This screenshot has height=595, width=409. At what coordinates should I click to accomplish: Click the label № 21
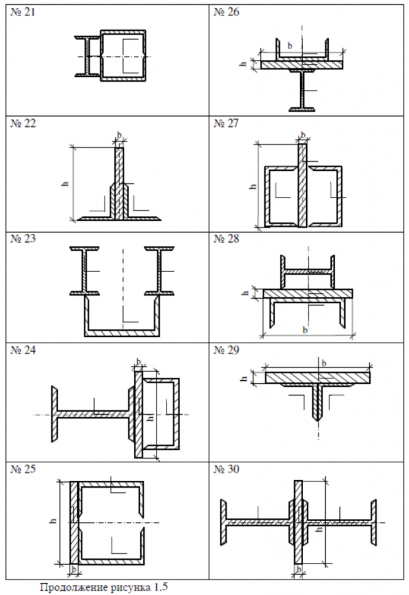(x=23, y=12)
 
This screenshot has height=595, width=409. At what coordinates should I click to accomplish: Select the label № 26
(x=226, y=12)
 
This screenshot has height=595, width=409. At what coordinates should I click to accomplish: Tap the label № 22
(x=23, y=123)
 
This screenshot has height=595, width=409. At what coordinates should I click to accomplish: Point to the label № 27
(x=226, y=123)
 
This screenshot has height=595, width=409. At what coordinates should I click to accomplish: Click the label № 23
(x=23, y=239)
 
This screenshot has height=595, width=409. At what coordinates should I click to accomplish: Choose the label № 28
(x=226, y=239)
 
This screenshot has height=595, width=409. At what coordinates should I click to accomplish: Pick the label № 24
(x=23, y=350)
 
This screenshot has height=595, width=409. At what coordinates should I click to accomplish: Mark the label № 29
(x=226, y=350)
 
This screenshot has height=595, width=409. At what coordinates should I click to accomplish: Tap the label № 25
(x=23, y=469)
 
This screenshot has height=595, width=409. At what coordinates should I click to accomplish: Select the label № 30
(x=226, y=469)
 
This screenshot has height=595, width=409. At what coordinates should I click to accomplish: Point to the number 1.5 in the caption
(x=161, y=587)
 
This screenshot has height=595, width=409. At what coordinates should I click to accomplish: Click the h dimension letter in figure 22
(x=65, y=183)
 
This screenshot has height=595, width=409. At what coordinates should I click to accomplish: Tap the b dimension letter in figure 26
(x=290, y=46)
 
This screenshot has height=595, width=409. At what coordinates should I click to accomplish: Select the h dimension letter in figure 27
(x=253, y=186)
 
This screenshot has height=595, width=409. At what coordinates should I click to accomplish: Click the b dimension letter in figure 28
(x=305, y=330)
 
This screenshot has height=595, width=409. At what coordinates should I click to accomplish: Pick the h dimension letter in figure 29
(x=244, y=378)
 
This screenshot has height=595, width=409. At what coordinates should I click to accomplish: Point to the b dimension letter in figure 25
(x=74, y=569)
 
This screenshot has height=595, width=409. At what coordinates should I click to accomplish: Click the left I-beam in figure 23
(x=84, y=271)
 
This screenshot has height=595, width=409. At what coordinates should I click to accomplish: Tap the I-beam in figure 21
(x=87, y=57)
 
